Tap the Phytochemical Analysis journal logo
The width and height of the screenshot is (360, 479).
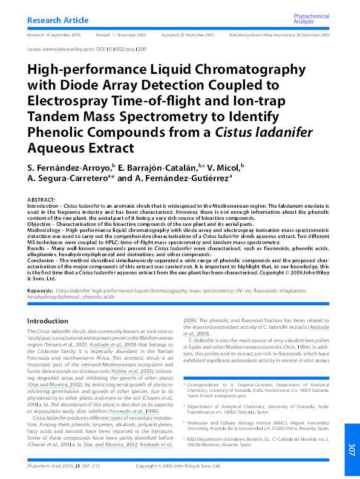311,20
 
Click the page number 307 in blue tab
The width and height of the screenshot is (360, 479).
352,449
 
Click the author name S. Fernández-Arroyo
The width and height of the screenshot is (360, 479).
68,166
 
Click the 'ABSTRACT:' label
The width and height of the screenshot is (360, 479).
42,199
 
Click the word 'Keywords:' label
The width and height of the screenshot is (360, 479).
40,291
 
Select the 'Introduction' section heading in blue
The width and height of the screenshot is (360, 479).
48,321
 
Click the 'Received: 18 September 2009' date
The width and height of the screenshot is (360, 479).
54,36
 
